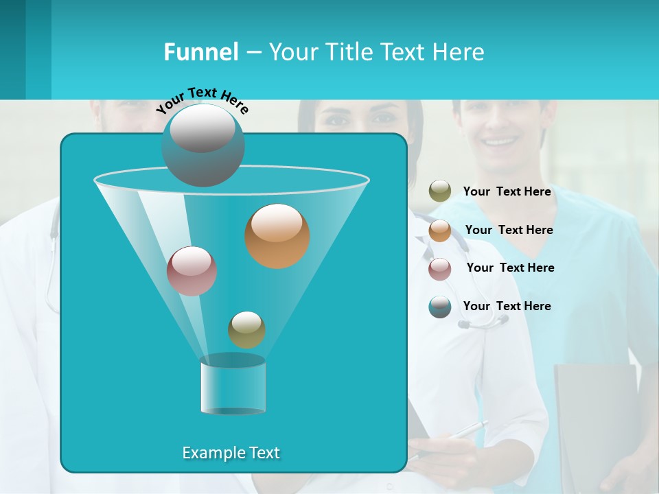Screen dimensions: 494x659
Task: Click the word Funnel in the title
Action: pos(200,52)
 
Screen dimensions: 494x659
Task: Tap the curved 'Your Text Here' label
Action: pos(202,99)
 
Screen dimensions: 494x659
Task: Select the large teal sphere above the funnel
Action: pos(203,145)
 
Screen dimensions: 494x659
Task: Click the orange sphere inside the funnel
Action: pos(277,236)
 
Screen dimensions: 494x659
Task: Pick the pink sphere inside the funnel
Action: pos(192,271)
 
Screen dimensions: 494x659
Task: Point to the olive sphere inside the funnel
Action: pos(246,330)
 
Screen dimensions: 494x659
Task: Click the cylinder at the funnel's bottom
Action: pos(233,386)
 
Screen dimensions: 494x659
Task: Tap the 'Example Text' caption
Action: pos(231,453)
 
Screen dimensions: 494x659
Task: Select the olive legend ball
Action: pos(440,191)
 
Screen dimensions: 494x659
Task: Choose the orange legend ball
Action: pos(440,231)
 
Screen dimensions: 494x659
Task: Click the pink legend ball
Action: pos(440,269)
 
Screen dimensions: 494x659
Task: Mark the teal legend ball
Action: pos(440,307)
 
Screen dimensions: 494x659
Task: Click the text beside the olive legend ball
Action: pos(507,191)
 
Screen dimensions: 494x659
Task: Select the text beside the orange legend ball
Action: pos(509,230)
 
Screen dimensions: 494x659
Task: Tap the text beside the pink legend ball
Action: pos(510,268)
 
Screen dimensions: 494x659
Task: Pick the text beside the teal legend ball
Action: pos(507,306)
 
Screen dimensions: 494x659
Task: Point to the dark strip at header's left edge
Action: pos(12,49)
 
